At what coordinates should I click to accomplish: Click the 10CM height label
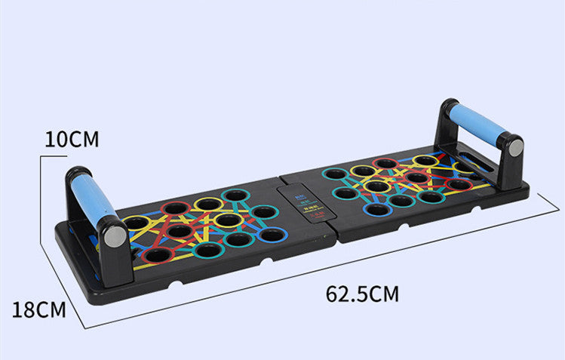tap(72, 140)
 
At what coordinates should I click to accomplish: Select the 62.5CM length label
tap(362, 294)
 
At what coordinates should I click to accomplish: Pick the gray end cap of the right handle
tap(514, 147)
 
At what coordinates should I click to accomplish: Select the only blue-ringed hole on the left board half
tap(271, 235)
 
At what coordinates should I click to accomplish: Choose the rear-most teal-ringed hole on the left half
tap(236, 196)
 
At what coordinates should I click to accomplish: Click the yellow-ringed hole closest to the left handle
tap(137, 223)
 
